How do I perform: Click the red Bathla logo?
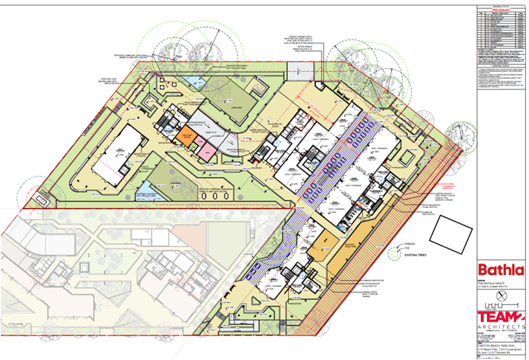(500, 270)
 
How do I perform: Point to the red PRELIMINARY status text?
(501, 10)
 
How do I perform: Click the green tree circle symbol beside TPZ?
(394, 254)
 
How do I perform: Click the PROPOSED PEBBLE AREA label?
(332, 245)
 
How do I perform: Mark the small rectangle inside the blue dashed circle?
(43, 200)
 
